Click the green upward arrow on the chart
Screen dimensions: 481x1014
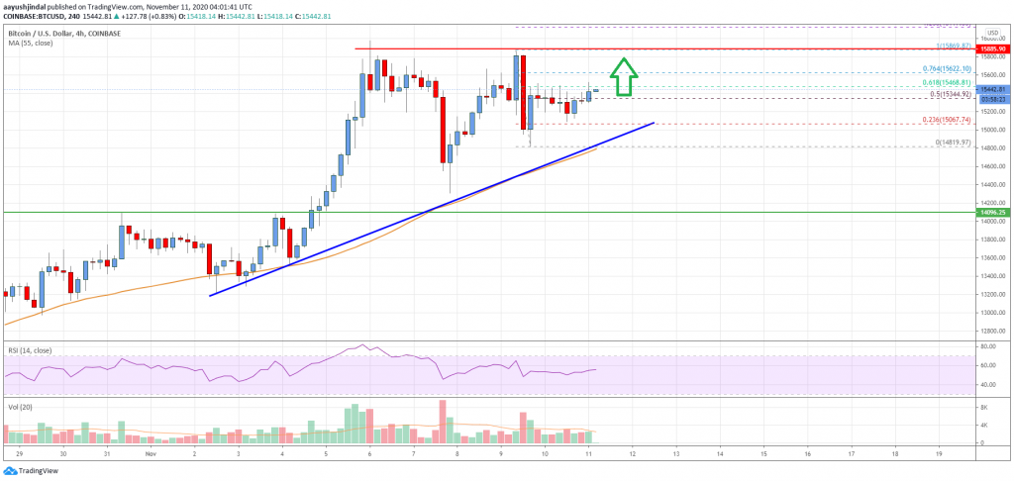623,77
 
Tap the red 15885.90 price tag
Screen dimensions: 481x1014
991,48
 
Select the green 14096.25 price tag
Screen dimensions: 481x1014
991,212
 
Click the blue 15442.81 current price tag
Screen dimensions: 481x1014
991,89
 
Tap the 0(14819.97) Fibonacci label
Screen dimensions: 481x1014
961,144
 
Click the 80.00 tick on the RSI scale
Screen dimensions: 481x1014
991,347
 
